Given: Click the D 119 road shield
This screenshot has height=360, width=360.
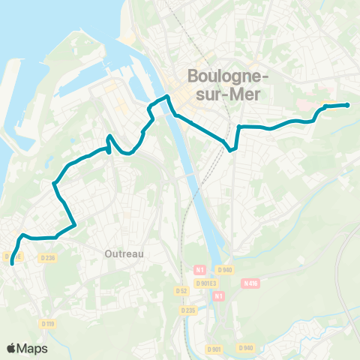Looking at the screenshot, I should coord(48,323).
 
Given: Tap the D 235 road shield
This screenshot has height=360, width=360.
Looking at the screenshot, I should coord(187,309).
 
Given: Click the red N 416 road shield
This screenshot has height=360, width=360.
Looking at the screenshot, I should coord(250,283).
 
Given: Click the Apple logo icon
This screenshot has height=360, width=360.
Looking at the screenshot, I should coord(11,348).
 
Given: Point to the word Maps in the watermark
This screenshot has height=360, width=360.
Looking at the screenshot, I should coord(32,348).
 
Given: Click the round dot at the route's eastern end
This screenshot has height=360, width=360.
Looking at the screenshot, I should coord(347,105).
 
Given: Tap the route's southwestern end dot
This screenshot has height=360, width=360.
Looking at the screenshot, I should coord(12,263).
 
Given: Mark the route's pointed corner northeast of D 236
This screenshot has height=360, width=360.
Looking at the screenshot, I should coord(76,224).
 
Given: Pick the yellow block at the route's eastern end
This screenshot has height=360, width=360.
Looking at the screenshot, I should coord(328,104).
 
